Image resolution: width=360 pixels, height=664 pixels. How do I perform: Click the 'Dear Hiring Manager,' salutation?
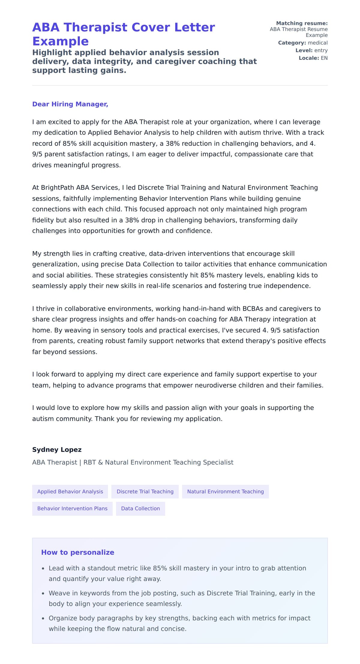point(70,104)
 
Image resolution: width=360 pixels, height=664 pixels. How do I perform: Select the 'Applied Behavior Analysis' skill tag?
point(70,492)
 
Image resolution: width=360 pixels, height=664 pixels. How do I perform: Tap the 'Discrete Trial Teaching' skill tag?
point(145,492)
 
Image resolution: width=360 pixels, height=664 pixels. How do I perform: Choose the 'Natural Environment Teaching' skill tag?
point(225,492)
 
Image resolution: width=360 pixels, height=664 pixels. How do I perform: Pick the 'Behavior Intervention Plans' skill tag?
point(72,509)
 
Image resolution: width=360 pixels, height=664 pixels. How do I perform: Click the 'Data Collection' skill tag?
point(140,509)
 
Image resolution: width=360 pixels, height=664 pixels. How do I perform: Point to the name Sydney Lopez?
point(57,450)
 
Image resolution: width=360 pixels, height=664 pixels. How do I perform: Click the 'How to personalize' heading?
point(78,552)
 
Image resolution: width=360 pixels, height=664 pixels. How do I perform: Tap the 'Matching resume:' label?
point(302,23)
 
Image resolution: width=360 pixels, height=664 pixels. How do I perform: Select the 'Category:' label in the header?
point(292,43)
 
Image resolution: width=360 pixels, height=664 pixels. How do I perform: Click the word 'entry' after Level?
point(321,50)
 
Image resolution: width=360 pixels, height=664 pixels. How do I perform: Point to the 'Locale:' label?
point(309,58)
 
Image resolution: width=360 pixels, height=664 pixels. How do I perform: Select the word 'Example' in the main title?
point(60,41)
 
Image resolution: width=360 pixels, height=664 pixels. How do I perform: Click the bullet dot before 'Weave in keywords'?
point(43,594)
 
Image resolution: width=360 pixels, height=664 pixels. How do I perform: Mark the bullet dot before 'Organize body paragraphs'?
point(43,618)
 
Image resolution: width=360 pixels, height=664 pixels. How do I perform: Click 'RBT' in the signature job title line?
point(89,462)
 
